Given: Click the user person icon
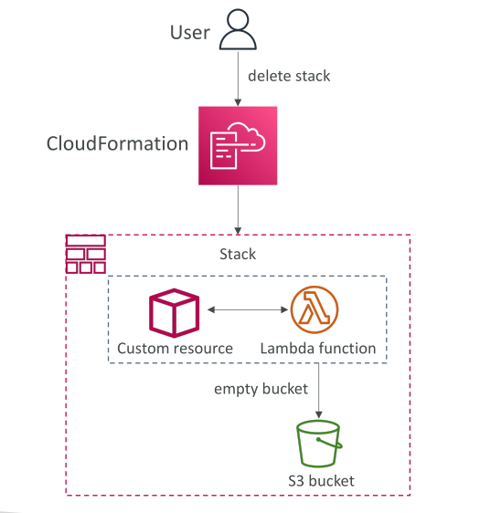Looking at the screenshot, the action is [238, 29].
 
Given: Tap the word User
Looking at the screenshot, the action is [190, 32].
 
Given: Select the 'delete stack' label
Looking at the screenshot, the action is [289, 76].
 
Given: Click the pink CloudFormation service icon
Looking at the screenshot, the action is [238, 145].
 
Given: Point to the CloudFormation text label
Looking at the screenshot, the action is [117, 143].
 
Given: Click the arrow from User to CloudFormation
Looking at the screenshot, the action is [239, 79].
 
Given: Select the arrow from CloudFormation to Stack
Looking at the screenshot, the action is [239, 210].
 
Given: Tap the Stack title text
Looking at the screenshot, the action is [238, 254].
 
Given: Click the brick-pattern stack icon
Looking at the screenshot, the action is [86, 254].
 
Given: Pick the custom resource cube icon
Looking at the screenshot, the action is [174, 313].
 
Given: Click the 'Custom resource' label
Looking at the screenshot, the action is [175, 349].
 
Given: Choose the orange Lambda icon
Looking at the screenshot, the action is [315, 309].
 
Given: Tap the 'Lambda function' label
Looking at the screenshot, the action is [318, 349].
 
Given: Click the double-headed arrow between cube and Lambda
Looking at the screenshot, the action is [248, 309].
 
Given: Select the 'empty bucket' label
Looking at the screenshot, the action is [261, 390].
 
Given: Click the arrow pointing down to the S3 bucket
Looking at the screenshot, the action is [319, 391].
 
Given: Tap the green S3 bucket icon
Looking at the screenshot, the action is [319, 444].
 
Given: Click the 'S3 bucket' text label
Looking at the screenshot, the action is [321, 481].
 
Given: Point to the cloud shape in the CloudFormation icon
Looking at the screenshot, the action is [251, 137].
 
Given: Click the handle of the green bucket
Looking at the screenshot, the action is [330, 443].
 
